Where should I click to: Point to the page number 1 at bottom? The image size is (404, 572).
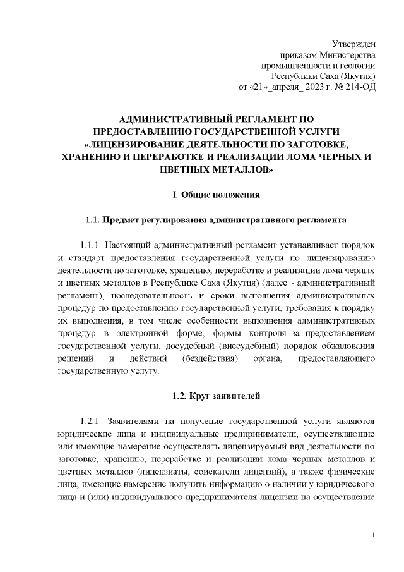(x=374, y=536)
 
